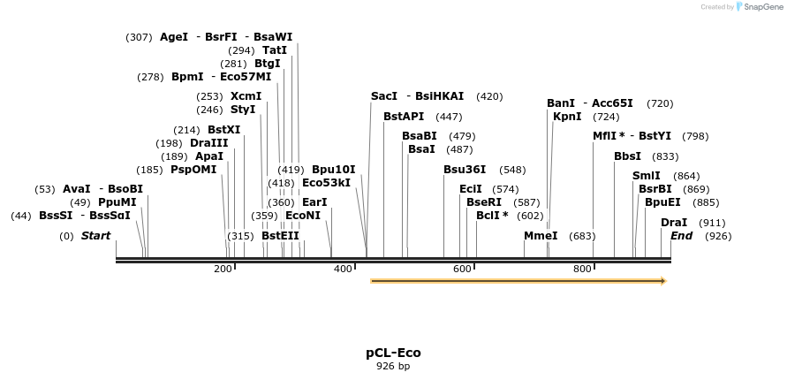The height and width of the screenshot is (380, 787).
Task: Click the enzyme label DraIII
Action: coord(208,143)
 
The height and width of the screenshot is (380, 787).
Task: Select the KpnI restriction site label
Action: coord(567,117)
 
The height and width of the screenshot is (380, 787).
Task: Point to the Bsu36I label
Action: coord(465,170)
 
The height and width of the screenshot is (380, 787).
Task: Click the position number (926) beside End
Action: coord(718,236)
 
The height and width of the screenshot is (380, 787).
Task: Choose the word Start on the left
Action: coord(95,236)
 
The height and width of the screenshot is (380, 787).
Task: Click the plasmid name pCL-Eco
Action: coord(393,353)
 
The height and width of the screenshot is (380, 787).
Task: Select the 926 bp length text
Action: coord(393,366)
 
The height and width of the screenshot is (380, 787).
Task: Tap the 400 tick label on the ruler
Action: coord(343,269)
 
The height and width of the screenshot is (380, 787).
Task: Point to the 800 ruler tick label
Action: coord(582,269)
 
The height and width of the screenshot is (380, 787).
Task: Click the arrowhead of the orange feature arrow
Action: coord(662,281)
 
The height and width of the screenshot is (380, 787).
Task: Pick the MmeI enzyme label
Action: coord(541,236)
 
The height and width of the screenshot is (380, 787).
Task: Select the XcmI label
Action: coord(246,96)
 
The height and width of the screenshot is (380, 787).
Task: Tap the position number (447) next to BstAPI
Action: coord(449,117)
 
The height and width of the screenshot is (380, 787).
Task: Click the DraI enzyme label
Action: coord(674,223)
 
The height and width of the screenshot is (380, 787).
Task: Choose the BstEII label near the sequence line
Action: coord(280,236)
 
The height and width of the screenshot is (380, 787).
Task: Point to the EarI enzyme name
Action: coord(314,202)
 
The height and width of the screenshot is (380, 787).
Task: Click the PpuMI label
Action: coord(117,202)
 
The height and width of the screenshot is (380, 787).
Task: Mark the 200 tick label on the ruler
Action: coord(223,269)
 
